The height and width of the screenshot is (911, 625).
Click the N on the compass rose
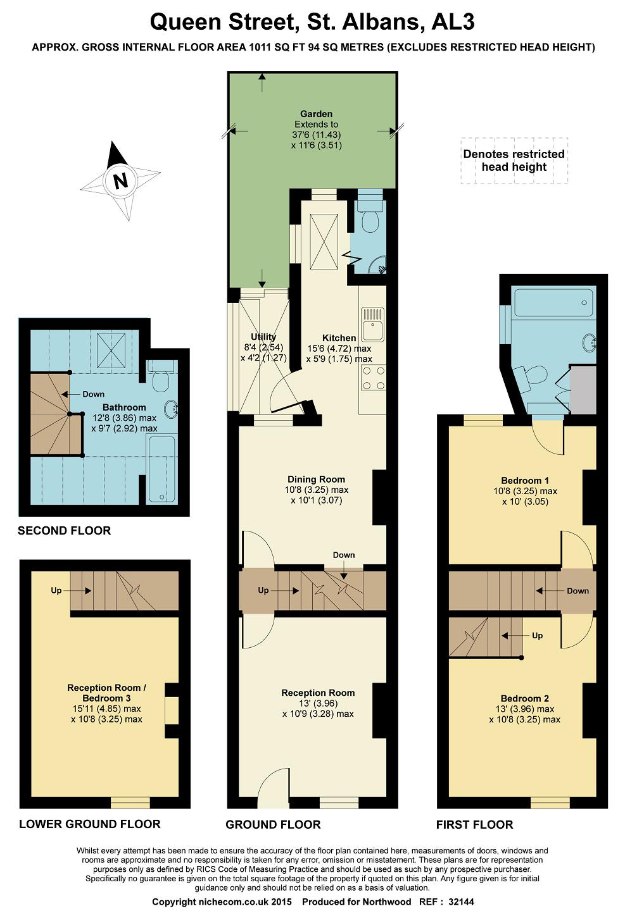click(120, 180)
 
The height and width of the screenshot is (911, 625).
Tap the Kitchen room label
click(339, 338)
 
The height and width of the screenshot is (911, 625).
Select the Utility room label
click(263, 337)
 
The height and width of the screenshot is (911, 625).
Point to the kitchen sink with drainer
click(372, 324)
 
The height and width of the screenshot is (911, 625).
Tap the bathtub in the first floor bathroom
click(553, 302)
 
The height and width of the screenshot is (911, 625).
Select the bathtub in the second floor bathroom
click(161, 469)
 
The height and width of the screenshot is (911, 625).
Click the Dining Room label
click(316, 479)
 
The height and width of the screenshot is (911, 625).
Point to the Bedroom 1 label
click(525, 480)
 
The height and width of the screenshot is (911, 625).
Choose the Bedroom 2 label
click(524, 698)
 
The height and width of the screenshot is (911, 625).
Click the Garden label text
click(316, 114)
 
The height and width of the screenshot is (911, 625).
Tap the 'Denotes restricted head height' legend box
click(514, 161)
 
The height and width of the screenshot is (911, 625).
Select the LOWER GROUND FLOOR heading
click(89, 824)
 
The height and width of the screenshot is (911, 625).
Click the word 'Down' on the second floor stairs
click(93, 394)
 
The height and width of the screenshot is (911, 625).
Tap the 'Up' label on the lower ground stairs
click(56, 590)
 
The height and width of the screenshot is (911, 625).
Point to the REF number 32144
click(462, 902)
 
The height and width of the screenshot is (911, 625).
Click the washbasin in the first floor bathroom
click(590, 342)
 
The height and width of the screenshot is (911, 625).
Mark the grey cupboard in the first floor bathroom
click(583, 388)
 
